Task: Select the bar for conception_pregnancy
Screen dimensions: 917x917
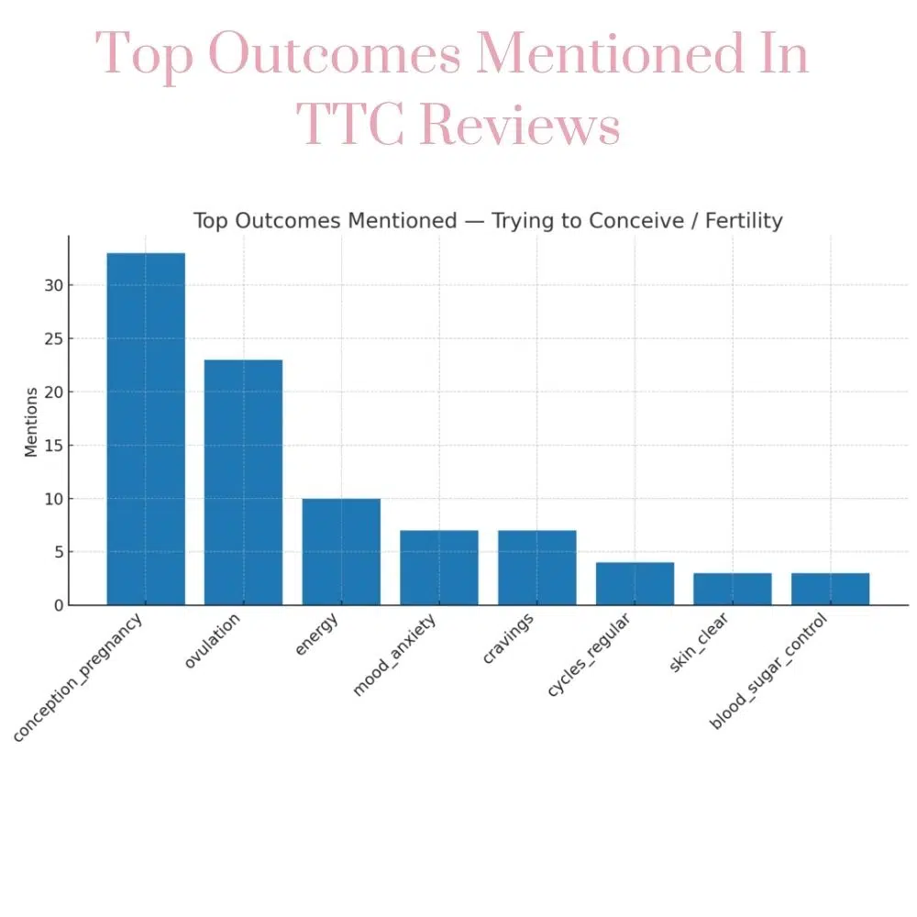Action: (x=146, y=428)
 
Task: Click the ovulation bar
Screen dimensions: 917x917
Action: (x=243, y=481)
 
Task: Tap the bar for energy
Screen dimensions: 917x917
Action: (x=341, y=551)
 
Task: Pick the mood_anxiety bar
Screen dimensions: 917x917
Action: (x=439, y=568)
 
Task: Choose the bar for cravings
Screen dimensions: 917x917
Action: (x=537, y=568)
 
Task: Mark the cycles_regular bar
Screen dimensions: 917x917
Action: (x=635, y=583)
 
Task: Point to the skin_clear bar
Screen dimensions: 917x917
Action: (x=733, y=589)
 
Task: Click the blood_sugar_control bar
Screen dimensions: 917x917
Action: (x=830, y=589)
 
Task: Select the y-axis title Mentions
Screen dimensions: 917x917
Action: (x=31, y=422)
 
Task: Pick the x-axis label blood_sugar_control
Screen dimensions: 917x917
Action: (x=768, y=672)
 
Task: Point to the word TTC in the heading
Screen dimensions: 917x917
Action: (x=351, y=126)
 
